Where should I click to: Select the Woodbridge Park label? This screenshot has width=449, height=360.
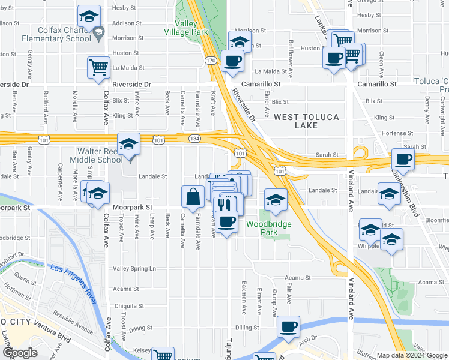tap(268, 229)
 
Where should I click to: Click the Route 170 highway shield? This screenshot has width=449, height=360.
tap(210, 61)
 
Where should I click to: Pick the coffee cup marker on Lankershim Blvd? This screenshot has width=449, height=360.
tap(403, 160)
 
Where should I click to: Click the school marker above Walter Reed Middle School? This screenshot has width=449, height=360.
tap(128, 145)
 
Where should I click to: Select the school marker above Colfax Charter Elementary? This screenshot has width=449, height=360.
tap(89, 16)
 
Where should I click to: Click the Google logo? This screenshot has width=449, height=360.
tap(19, 353)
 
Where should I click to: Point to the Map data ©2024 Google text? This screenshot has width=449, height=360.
tap(412, 355)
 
